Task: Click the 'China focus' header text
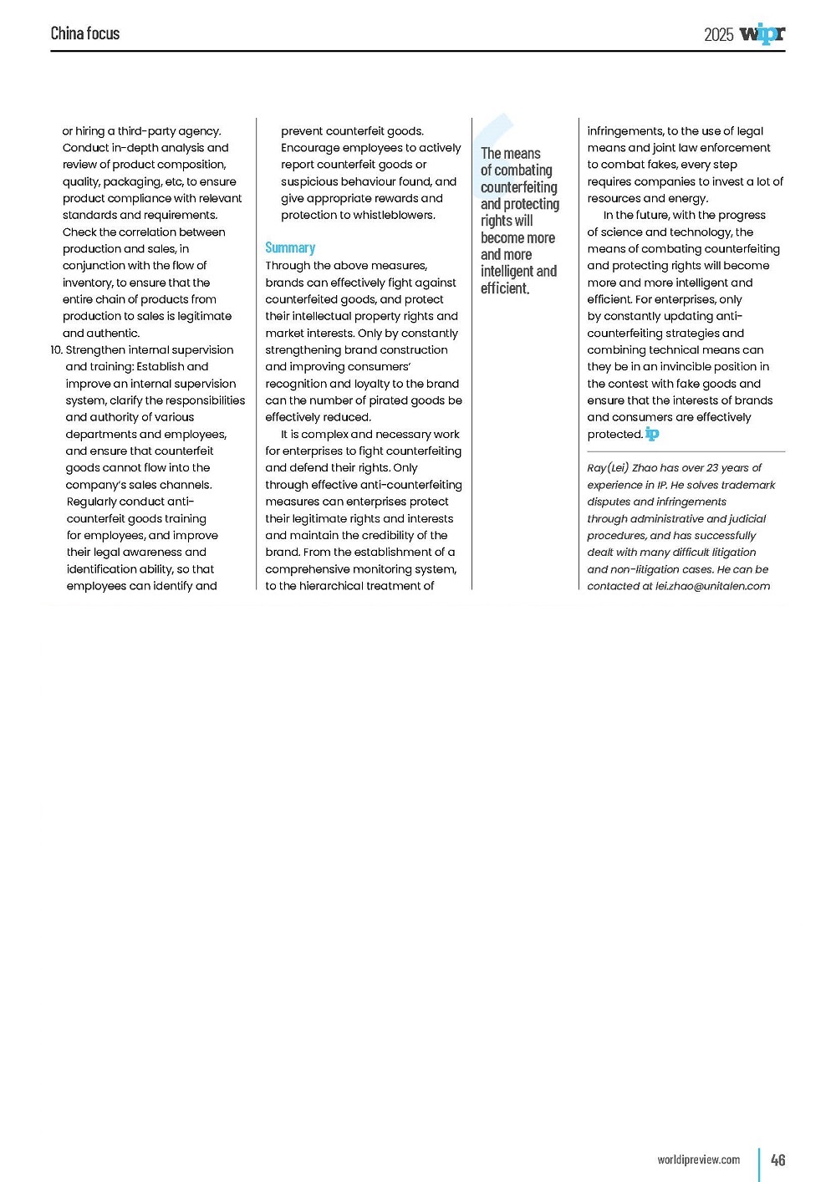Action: pyautogui.click(x=85, y=33)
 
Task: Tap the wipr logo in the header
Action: pyautogui.click(x=762, y=33)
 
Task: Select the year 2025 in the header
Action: pyautogui.click(x=718, y=34)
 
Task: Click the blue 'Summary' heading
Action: pyautogui.click(x=290, y=247)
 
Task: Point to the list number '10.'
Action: pyautogui.click(x=56, y=350)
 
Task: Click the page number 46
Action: pyautogui.click(x=777, y=1159)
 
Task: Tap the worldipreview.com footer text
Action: pyautogui.click(x=698, y=1159)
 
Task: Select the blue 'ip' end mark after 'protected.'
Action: pyautogui.click(x=652, y=434)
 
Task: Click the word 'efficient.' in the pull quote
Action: pyautogui.click(x=505, y=288)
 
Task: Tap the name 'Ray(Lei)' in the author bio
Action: pyautogui.click(x=608, y=468)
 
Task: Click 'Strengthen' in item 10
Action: pyautogui.click(x=95, y=350)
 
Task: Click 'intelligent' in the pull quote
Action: pyautogui.click(x=507, y=272)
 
